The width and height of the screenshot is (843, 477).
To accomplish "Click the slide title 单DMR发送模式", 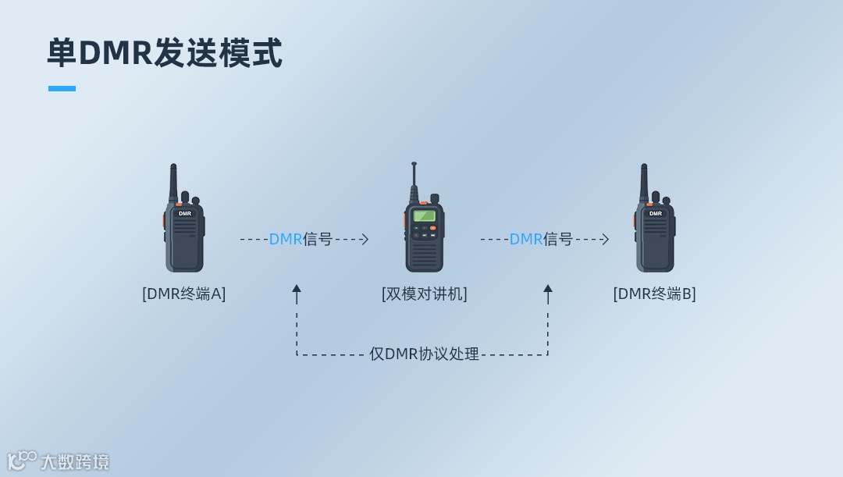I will (165, 53).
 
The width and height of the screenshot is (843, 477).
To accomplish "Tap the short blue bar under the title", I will (62, 89).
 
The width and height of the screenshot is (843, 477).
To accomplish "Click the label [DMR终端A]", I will (184, 294).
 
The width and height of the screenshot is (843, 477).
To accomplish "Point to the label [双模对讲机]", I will (424, 294).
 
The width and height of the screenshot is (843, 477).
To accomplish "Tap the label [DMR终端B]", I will (654, 294).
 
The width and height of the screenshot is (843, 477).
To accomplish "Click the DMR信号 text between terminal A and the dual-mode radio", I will (301, 240).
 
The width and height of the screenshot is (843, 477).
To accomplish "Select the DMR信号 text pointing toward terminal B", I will (541, 240).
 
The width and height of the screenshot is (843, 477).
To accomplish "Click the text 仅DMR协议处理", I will (424, 354).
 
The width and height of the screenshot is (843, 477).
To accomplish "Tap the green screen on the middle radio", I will (424, 215).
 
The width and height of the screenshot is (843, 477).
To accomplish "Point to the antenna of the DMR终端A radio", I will (173, 181).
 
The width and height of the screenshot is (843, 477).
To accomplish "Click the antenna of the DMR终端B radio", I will (644, 181).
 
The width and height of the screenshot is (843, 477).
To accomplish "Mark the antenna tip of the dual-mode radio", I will (414, 165).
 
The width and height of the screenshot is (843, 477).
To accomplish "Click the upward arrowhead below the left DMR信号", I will (297, 289).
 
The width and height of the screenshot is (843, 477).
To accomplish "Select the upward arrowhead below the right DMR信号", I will (548, 289).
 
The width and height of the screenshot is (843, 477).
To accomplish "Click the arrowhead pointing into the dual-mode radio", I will (365, 240).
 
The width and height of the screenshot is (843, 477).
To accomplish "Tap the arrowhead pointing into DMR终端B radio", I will (606, 240).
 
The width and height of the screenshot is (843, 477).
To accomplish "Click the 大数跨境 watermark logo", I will (59, 461).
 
